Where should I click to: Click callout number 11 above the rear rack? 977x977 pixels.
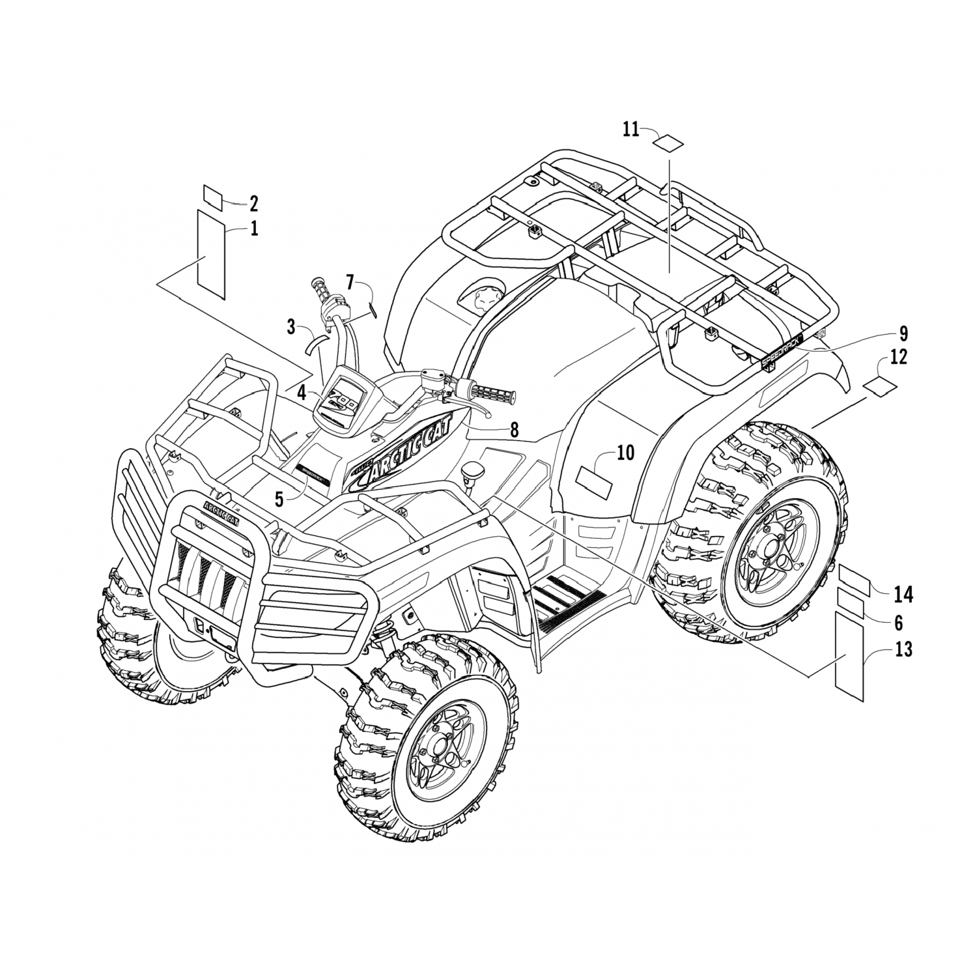630,130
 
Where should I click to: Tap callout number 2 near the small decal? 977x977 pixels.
253,204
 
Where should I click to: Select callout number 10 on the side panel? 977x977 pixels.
625,453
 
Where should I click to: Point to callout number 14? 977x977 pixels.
903,594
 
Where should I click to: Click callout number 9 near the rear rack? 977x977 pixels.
903,334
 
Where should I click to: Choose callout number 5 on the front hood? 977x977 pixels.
279,500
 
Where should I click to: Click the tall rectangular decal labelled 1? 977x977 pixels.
211,255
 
